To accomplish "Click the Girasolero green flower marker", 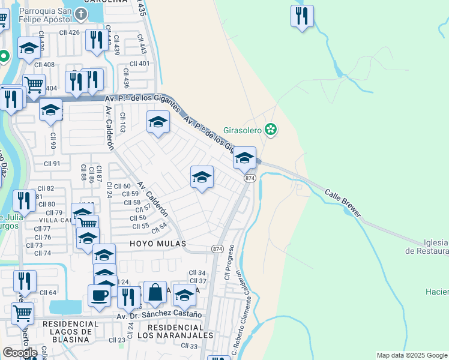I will [x=271, y=130].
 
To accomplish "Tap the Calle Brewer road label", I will [x=343, y=203].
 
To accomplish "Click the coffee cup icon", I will [x=99, y=295].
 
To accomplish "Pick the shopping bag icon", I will [x=155, y=292].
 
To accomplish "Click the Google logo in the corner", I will [x=20, y=353].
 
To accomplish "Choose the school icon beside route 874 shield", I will [x=244, y=158].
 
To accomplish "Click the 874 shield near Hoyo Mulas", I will [x=217, y=248].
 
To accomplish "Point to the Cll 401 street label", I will [x=139, y=64].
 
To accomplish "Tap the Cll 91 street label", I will [x=52, y=163].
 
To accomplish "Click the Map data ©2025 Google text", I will [x=411, y=355].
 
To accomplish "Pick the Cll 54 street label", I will [x=159, y=229].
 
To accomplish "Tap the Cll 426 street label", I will [x=70, y=32].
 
